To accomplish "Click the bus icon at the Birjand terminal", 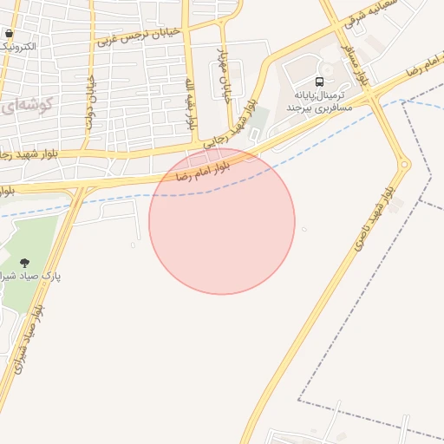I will coord(320,82).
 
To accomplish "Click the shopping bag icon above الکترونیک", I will coord(9,34).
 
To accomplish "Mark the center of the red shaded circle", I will coord(222,221).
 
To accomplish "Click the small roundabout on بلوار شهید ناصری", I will coord(404,163).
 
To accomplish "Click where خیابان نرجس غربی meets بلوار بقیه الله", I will coord(185,27).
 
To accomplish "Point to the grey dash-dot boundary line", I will coord(364,401).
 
